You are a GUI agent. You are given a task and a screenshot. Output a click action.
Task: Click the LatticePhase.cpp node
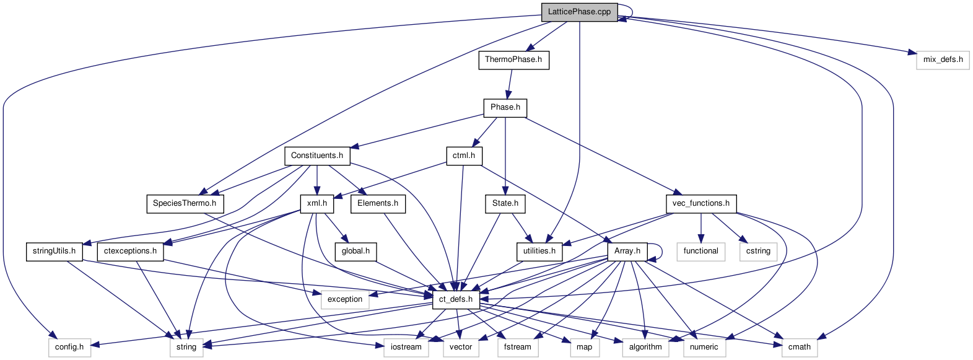pos(579,12)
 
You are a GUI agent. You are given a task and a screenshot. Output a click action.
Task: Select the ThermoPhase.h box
pos(513,59)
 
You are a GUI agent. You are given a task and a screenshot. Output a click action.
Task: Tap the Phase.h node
pos(505,107)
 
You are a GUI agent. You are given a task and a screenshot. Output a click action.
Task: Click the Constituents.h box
pos(317,156)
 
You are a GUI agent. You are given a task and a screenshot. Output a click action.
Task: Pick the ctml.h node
pos(464,156)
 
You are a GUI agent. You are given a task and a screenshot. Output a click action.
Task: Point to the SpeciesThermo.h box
pos(185,203)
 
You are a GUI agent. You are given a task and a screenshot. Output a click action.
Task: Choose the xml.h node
pos(317,203)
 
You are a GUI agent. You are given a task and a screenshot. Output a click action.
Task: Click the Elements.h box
pos(378,203)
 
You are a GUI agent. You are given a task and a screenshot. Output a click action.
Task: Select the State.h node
pos(505,203)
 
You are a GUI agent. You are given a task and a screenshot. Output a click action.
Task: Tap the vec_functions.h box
pos(701,203)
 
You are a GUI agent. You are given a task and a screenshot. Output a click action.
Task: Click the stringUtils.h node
pos(55,251)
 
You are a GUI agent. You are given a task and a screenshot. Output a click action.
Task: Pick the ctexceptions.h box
pos(130,251)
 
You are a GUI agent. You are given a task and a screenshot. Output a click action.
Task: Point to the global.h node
pos(356,251)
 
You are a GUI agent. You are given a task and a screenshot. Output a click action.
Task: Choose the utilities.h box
pos(539,251)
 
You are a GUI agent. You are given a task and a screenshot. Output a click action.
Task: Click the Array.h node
pos(627,251)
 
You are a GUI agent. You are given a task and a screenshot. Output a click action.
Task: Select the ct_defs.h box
pos(456,299)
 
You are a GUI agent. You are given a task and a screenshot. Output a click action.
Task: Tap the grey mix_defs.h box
pos(943,59)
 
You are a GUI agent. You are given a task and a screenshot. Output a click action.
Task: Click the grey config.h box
pos(69,347)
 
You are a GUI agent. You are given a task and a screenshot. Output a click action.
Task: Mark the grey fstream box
pos(517,347)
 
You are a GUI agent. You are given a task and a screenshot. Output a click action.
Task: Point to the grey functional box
pos(701,251)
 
